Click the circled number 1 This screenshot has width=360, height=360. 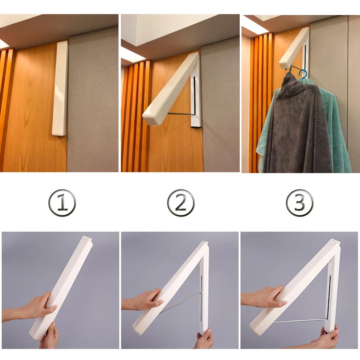click(62, 203)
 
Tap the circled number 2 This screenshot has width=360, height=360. click(181, 203)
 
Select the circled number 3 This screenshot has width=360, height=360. click(299, 203)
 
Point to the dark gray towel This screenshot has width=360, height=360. click(297, 127)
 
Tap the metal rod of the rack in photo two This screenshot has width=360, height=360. click(181, 114)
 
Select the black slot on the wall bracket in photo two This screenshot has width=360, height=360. click(194, 95)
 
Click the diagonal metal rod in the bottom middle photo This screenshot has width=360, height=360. click(181, 301)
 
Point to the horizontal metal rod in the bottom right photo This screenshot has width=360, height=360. click(300, 320)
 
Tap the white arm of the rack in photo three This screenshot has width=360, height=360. click(294, 48)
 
